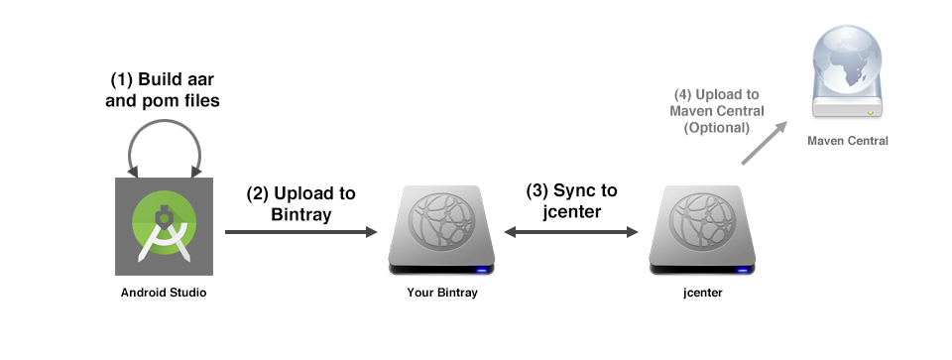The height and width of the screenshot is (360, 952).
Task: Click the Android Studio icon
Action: point(164,227)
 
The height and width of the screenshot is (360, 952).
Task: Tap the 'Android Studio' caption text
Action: point(164,293)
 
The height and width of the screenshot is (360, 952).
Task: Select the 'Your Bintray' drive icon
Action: point(441,231)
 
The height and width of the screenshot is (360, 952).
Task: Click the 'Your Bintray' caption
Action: point(441,293)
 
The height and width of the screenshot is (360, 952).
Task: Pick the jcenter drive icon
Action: point(701,231)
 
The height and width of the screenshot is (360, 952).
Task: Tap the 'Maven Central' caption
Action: point(848,141)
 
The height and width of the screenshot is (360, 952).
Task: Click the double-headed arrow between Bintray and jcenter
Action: point(571,232)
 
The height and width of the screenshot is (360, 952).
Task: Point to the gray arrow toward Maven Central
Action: point(765,141)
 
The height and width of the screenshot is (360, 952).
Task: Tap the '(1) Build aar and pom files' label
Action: point(164,89)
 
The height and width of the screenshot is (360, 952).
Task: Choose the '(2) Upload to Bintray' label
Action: point(301,202)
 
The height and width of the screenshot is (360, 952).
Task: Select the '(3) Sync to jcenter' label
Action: point(571,202)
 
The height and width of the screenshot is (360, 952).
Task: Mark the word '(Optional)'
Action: point(717,128)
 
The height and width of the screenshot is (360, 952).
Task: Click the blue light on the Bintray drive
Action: point(482,269)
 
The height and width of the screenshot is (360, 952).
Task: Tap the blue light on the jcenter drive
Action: point(742,269)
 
